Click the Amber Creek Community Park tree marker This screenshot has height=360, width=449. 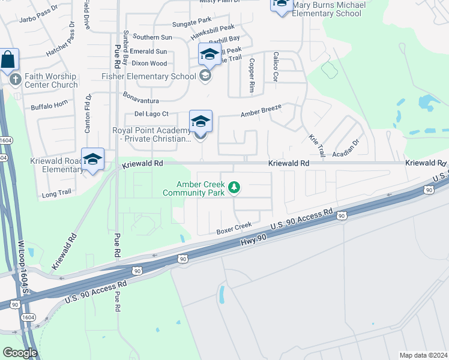234,188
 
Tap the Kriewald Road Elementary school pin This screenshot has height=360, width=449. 92,160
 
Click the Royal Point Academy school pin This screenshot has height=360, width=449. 200,122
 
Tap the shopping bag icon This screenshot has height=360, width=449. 8,60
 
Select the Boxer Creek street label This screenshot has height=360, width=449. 234,227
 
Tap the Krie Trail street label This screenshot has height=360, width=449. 316,143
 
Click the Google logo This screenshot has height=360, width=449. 20,353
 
